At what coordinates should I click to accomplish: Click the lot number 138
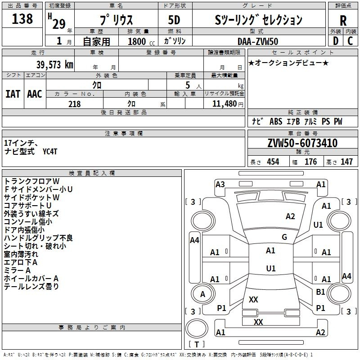click(x=22, y=18)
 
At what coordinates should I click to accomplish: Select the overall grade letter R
click(x=343, y=21)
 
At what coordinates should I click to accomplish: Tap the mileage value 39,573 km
click(x=54, y=65)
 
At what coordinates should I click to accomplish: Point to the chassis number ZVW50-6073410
click(x=302, y=143)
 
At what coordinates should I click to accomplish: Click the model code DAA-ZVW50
click(x=258, y=41)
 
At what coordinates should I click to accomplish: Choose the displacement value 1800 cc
click(x=141, y=41)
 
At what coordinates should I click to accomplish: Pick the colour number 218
click(x=74, y=104)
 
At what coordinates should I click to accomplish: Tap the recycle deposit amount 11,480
click(x=225, y=104)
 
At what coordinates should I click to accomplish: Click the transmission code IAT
click(x=13, y=94)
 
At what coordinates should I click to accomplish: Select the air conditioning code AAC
click(x=35, y=94)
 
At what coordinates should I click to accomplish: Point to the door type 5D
click(x=174, y=20)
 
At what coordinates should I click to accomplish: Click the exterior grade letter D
click(x=336, y=41)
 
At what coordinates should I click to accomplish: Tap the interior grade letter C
click(x=350, y=41)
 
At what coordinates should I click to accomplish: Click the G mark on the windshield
click(x=284, y=237)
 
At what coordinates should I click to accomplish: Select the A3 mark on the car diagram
click(x=220, y=184)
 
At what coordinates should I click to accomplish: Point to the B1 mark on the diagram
click(x=320, y=292)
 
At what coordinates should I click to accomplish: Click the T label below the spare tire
click(x=197, y=344)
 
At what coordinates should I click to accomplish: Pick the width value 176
click(x=310, y=162)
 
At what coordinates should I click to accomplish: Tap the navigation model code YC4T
click(x=50, y=152)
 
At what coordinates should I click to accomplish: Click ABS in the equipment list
click(x=276, y=121)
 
